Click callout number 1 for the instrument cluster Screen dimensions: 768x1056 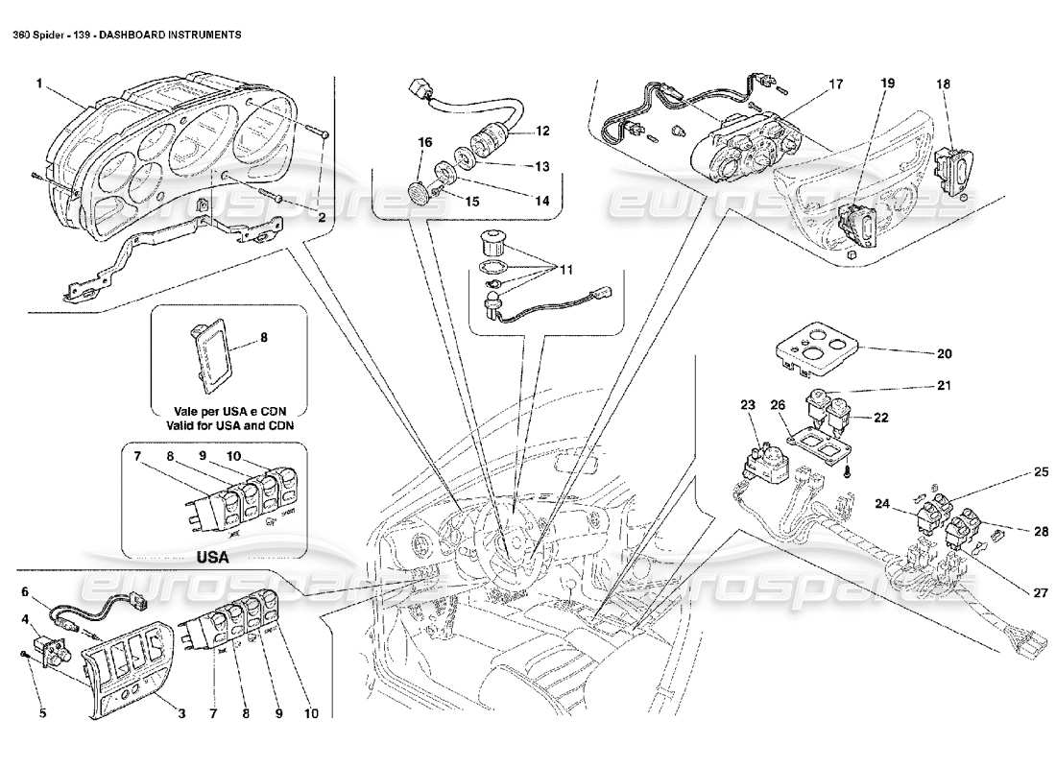(39, 84)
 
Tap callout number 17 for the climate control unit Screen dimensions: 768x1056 (836, 84)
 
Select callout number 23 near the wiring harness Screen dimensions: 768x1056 (748, 405)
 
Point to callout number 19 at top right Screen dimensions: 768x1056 (885, 84)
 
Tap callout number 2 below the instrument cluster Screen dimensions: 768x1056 (323, 218)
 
